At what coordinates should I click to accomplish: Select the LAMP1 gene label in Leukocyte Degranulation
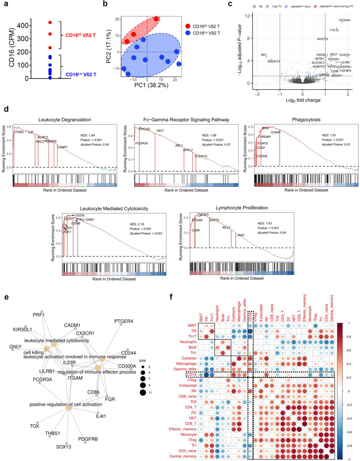pyautogui.click(x=62, y=147)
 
